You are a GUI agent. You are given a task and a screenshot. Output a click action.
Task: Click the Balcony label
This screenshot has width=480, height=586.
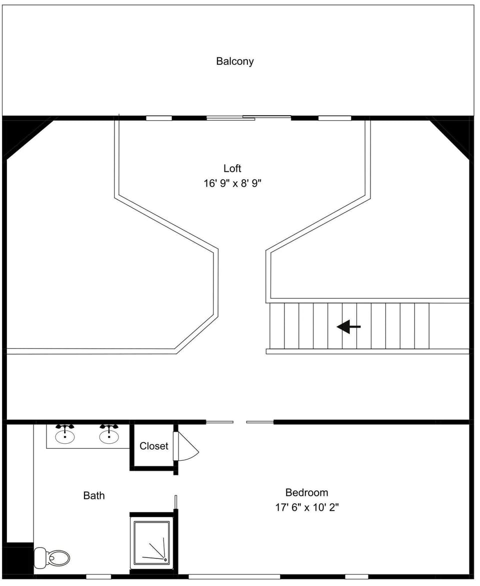(234, 61)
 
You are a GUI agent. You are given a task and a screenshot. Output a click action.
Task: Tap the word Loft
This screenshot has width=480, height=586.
(232, 168)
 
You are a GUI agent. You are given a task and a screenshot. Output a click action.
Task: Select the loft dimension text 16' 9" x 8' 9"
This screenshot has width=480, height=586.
(232, 183)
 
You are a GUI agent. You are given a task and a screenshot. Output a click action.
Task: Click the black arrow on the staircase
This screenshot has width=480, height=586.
(348, 327)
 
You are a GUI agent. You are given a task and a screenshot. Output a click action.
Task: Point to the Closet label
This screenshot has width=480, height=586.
(153, 446)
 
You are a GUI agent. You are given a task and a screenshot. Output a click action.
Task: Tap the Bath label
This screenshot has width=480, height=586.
(94, 495)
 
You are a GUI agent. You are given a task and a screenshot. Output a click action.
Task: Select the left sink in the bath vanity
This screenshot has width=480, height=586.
(65, 434)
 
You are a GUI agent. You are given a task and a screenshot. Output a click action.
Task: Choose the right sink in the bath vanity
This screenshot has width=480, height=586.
(108, 434)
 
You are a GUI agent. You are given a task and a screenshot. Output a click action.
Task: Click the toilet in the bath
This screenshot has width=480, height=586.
(52, 557)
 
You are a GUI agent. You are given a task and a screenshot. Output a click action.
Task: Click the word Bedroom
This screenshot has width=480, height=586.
(306, 492)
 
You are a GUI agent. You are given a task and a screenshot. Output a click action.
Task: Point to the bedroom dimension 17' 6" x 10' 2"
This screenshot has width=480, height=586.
(306, 507)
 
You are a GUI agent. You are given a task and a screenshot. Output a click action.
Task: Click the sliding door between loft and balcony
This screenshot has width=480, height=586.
(248, 118)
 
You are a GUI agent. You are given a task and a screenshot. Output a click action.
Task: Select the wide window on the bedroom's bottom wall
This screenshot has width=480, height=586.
(234, 576)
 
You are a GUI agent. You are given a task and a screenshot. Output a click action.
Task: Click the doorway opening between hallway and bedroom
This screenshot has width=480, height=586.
(239, 422)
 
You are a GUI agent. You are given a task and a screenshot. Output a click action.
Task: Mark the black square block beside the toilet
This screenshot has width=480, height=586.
(18, 559)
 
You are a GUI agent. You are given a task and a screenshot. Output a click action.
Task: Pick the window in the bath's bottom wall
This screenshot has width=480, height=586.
(98, 576)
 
